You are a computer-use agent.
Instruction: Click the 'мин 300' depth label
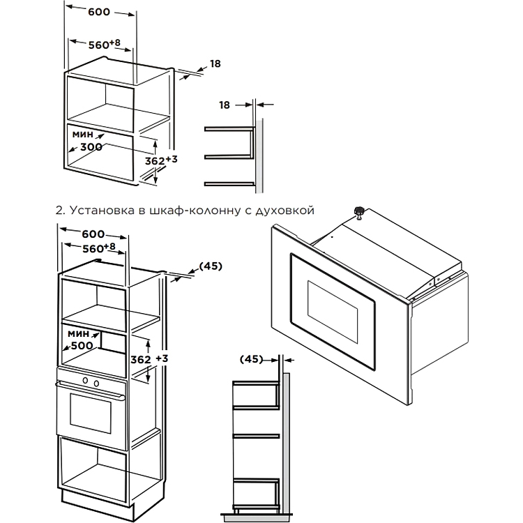84,139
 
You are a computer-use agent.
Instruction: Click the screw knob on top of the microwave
359,210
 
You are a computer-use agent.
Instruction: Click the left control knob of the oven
86,381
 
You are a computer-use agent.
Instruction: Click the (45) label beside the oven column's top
211,266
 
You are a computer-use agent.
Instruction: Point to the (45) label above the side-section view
250,360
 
